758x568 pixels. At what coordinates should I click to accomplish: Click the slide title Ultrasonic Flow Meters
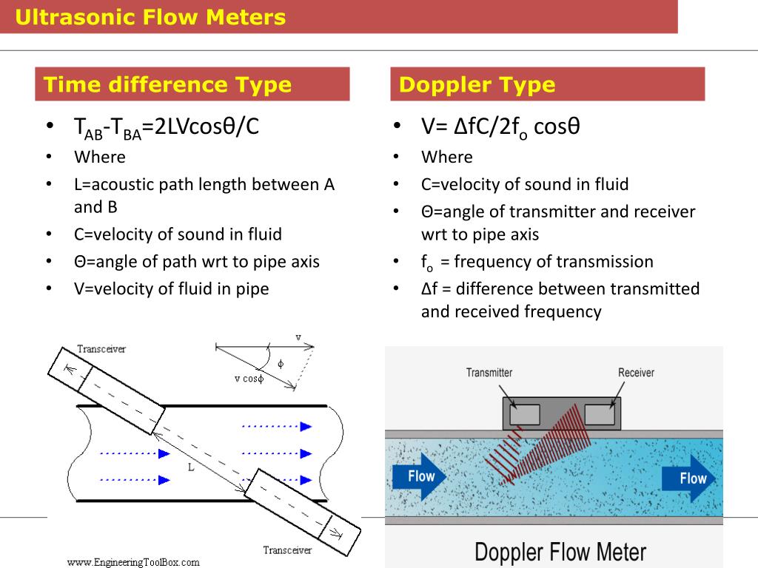[150, 16]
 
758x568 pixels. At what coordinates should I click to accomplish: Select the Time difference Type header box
[192, 84]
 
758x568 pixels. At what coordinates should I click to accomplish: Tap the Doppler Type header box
[548, 84]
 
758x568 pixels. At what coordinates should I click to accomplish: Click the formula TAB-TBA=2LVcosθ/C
[167, 127]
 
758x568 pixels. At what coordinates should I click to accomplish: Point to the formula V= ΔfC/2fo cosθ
[500, 127]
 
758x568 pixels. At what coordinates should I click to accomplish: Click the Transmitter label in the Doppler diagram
[489, 373]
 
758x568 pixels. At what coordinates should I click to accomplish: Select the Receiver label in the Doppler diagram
[636, 373]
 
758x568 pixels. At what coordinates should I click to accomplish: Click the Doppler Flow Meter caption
[560, 552]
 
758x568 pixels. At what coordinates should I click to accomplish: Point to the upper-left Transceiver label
[101, 349]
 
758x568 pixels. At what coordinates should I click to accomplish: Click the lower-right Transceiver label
[287, 550]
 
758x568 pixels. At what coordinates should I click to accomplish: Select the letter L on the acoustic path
[190, 467]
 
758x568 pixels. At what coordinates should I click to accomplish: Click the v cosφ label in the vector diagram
[249, 379]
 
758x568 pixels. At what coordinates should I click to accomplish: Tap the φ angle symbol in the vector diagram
[280, 364]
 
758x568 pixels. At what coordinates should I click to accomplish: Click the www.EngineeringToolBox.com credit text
[133, 562]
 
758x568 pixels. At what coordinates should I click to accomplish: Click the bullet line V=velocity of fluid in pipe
[171, 288]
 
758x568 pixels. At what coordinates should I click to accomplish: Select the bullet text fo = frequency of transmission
[537, 262]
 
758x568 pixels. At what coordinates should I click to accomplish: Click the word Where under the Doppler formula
[446, 157]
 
